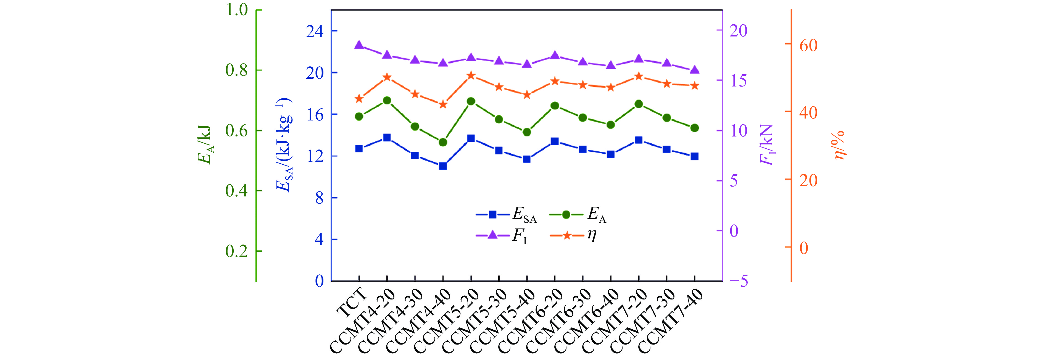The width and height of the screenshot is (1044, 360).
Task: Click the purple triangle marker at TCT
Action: click(x=359, y=45)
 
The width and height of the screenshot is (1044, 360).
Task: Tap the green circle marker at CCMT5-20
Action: click(x=471, y=101)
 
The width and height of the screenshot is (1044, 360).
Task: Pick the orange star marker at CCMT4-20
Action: click(x=387, y=77)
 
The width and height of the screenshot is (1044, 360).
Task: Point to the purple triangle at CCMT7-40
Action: click(x=695, y=70)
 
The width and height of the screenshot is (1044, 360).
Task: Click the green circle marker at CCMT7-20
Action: click(x=639, y=104)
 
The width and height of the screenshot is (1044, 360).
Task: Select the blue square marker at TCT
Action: click(x=359, y=149)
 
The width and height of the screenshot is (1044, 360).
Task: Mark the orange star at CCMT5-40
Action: click(x=527, y=95)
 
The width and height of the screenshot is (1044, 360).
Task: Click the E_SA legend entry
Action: click(x=507, y=214)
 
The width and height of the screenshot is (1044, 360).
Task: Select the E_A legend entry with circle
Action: click(x=578, y=214)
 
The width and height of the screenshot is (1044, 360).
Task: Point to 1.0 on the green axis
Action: click(x=237, y=10)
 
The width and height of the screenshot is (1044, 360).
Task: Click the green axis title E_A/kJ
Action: click(x=205, y=144)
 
